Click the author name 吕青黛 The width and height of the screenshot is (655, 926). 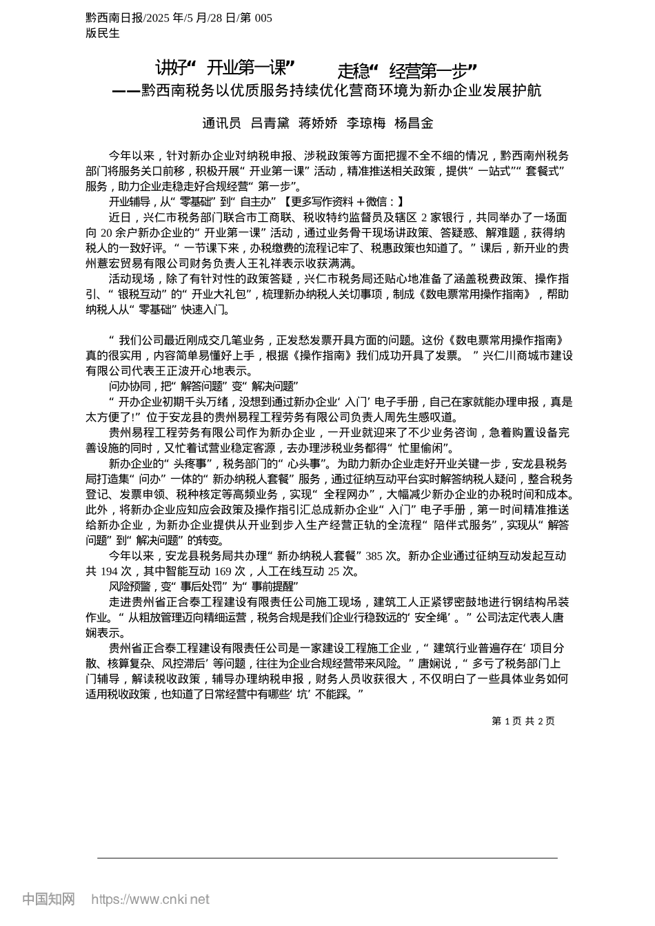270,123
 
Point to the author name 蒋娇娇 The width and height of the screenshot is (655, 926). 318,123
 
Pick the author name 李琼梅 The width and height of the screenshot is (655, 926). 366,123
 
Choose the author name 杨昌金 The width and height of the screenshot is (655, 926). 414,123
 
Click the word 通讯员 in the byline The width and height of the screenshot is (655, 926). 221,123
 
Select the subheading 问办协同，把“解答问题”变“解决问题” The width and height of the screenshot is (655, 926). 203,386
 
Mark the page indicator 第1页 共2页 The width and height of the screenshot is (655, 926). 523,721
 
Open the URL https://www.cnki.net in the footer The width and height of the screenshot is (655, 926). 150,899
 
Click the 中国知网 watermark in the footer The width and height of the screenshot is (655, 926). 48,899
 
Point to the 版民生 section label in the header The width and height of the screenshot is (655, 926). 103,33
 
